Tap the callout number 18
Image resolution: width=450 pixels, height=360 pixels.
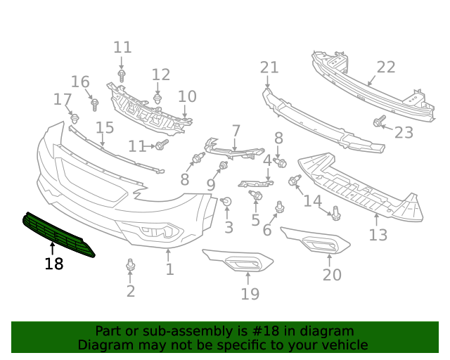pos(53,264)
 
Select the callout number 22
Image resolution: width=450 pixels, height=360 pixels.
pos(386,67)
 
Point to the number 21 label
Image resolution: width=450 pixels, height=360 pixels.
pos(269,67)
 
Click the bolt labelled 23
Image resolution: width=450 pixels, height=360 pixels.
pos(379,123)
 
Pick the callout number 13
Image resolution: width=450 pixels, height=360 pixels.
pos(378,235)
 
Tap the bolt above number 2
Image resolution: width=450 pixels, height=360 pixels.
pos(130,266)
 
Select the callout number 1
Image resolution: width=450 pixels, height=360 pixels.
pos(169,269)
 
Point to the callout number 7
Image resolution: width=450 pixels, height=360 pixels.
pos(236,131)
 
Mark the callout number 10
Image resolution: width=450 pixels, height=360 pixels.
pos(187,96)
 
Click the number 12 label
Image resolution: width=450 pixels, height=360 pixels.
pos(161,75)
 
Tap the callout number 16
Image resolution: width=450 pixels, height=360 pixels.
pos(80,82)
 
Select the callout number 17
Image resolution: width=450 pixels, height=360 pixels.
pos(63,100)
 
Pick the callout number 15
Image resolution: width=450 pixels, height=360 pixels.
pos(105,127)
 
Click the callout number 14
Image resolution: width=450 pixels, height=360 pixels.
pos(312,201)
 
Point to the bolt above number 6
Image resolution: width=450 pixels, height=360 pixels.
pos(280,207)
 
